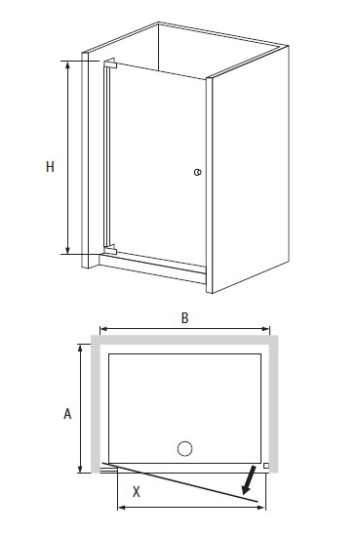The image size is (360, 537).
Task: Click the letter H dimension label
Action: [x=50, y=167]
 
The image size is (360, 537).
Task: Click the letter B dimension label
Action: [x=184, y=318]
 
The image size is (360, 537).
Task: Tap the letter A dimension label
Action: [x=67, y=414]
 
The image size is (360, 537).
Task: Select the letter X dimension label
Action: [x=137, y=492]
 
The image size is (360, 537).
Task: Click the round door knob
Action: [x=197, y=172]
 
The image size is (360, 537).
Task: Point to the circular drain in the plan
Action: [x=184, y=449]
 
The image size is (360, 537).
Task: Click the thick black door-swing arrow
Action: [x=249, y=479]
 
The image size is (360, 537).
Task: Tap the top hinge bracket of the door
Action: [x=110, y=63]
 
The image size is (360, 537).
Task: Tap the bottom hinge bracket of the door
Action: [x=110, y=249]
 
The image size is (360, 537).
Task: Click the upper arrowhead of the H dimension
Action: [x=67, y=65]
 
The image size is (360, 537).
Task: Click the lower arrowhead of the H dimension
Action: [x=67, y=250]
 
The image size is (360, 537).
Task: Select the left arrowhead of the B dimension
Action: [x=104, y=329]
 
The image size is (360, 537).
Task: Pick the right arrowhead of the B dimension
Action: [x=265, y=329]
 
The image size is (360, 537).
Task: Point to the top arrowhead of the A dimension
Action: [x=80, y=349]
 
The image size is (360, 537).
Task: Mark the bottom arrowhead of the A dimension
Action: [x=80, y=469]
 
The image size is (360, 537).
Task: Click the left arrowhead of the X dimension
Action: [x=122, y=507]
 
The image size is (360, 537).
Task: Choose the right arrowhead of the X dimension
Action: [x=260, y=507]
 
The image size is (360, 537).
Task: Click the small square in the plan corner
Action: [x=266, y=466]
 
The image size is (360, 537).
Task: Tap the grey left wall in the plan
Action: [x=96, y=404]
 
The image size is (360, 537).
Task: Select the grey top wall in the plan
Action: [x=184, y=340]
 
